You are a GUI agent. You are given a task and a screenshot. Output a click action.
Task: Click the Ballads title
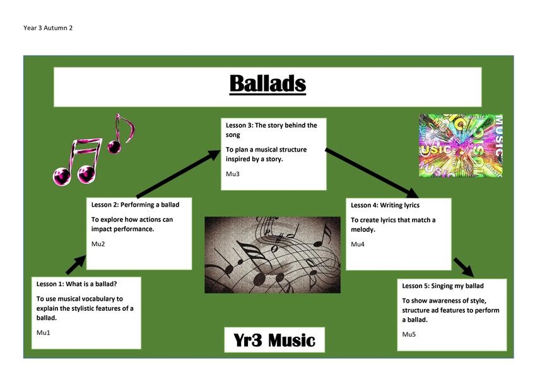(267, 84)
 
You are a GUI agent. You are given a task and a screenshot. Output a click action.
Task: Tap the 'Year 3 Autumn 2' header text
(48, 28)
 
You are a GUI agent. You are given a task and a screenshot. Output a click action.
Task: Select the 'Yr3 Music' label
(274, 340)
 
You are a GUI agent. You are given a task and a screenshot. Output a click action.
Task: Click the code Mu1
(44, 332)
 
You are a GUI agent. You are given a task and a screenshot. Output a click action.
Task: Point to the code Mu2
(98, 244)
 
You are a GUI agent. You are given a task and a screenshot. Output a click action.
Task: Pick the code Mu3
(232, 174)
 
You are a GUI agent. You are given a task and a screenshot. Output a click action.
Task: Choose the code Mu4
(357, 244)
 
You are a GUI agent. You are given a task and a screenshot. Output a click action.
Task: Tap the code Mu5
(409, 334)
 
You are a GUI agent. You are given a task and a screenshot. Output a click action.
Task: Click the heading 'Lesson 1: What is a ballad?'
(76, 284)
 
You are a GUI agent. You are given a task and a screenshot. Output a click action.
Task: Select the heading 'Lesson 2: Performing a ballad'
(135, 205)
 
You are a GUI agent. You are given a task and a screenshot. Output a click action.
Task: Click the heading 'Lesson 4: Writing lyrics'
(385, 205)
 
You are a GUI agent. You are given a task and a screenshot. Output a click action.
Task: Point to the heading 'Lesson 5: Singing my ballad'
(443, 286)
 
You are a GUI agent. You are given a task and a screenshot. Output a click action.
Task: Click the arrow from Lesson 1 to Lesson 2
(76, 265)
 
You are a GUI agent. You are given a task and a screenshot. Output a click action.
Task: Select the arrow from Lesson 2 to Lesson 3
(179, 174)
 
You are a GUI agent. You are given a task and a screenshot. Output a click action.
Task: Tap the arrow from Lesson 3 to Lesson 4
(372, 172)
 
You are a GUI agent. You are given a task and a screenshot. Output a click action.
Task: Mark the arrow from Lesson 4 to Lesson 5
(464, 267)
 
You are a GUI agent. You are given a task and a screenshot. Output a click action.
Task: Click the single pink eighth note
(121, 134)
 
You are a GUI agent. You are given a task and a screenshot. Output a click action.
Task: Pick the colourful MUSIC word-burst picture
(461, 145)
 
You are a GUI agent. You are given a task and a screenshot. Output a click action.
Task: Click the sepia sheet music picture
(273, 255)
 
